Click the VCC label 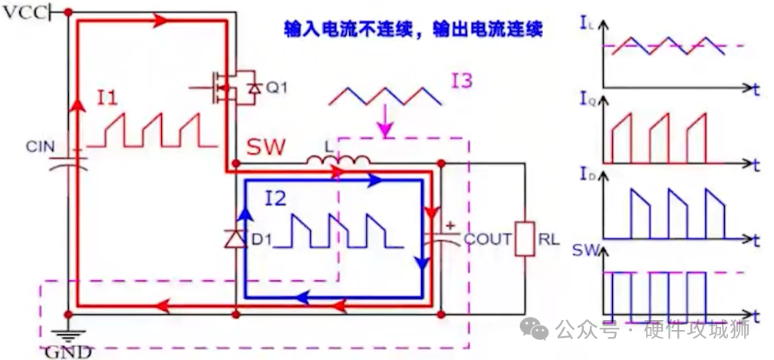point(24,14)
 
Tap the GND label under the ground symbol point(68,352)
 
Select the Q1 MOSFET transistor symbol point(229,87)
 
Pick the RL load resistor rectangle point(525,238)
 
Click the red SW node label point(264,147)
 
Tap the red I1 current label point(107,97)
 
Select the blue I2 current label point(275,200)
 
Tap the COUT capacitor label point(488,239)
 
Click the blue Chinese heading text point(413,30)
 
